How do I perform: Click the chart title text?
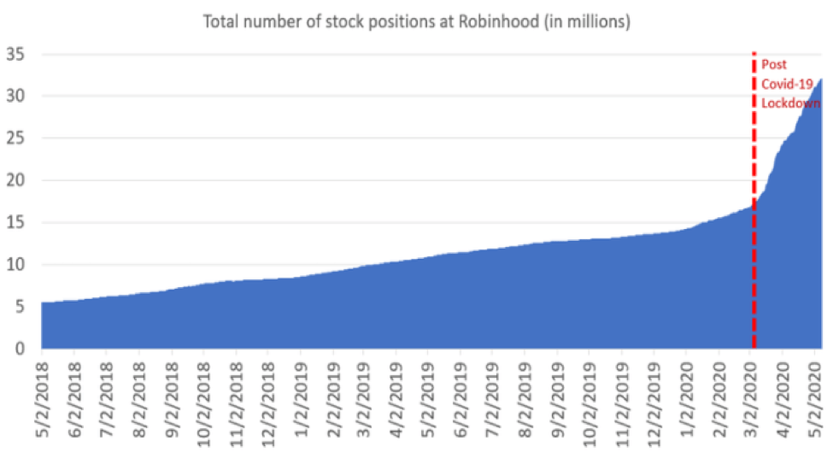[x=416, y=21]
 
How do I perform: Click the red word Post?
[x=773, y=65]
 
